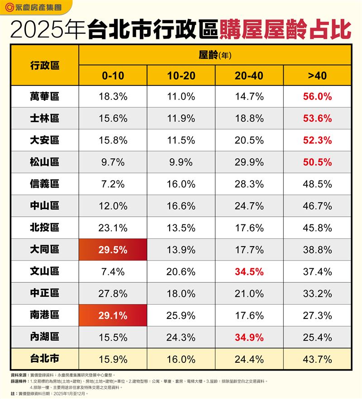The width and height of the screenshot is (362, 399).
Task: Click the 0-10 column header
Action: (x=113, y=76)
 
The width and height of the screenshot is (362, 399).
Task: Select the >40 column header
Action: (x=317, y=76)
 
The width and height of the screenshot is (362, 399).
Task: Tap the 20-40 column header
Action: (x=249, y=76)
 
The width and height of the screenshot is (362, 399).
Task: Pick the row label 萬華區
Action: (x=45, y=96)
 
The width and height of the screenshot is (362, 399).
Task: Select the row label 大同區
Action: (x=45, y=250)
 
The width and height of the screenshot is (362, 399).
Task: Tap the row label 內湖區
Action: (x=45, y=337)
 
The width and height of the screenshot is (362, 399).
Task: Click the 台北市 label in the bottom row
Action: (x=45, y=359)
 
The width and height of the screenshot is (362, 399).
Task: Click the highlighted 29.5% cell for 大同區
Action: (x=113, y=250)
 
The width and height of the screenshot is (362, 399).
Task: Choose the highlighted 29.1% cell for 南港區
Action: (x=113, y=315)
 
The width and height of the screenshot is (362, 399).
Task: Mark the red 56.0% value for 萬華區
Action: (x=317, y=96)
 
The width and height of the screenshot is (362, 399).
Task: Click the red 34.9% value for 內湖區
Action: (x=249, y=337)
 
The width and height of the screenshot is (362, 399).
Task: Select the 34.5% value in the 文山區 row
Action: (x=249, y=272)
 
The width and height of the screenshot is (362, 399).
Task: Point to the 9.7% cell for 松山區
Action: (x=113, y=162)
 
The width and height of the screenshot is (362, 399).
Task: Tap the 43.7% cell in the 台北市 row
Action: (x=317, y=360)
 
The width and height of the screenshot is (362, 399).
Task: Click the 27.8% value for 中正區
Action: (x=113, y=294)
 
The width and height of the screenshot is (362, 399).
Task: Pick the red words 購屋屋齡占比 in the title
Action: (x=285, y=30)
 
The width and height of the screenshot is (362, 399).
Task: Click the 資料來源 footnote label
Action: (x=19, y=375)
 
